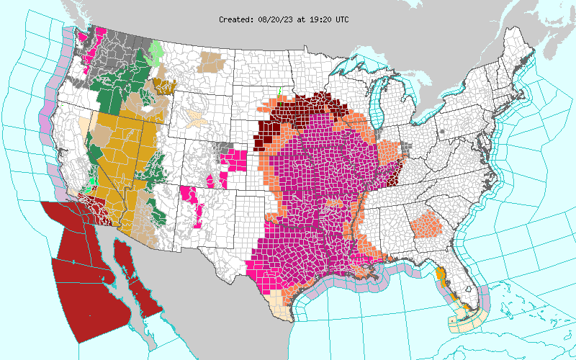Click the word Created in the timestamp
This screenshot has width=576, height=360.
[236, 19]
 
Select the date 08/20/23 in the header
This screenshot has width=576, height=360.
[276, 19]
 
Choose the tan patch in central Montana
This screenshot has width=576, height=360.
[212, 60]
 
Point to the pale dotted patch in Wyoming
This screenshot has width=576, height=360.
[194, 118]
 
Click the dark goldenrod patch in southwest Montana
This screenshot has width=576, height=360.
[165, 87]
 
